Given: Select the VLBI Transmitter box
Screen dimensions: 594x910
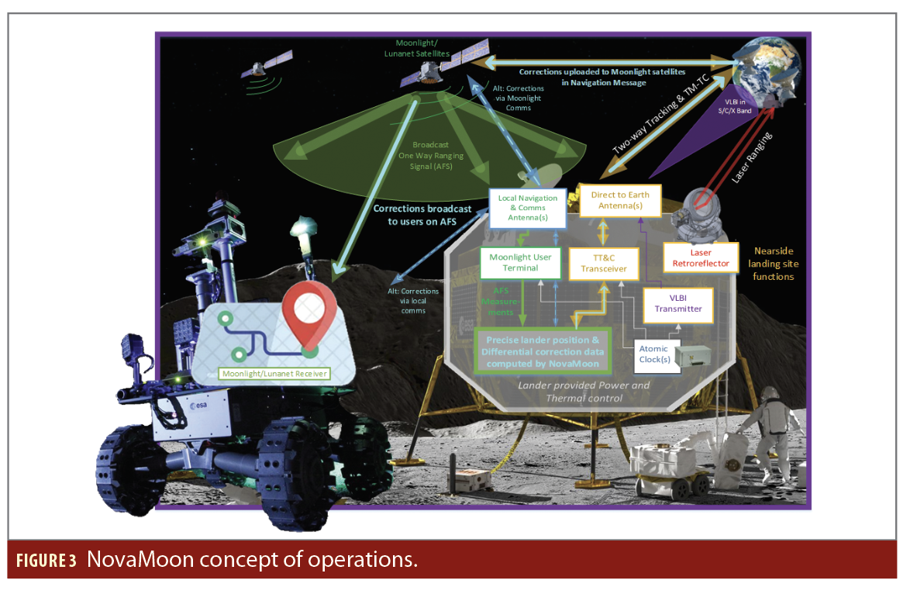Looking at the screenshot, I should pyautogui.click(x=679, y=302).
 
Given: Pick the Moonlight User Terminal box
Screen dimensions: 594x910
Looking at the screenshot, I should pyautogui.click(x=520, y=263).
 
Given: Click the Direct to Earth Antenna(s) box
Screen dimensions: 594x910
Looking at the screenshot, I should pyautogui.click(x=620, y=200).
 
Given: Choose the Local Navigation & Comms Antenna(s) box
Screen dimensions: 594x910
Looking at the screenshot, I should pyautogui.click(x=527, y=208).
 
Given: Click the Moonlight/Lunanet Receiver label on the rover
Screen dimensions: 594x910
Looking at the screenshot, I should pyautogui.click(x=274, y=374).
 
